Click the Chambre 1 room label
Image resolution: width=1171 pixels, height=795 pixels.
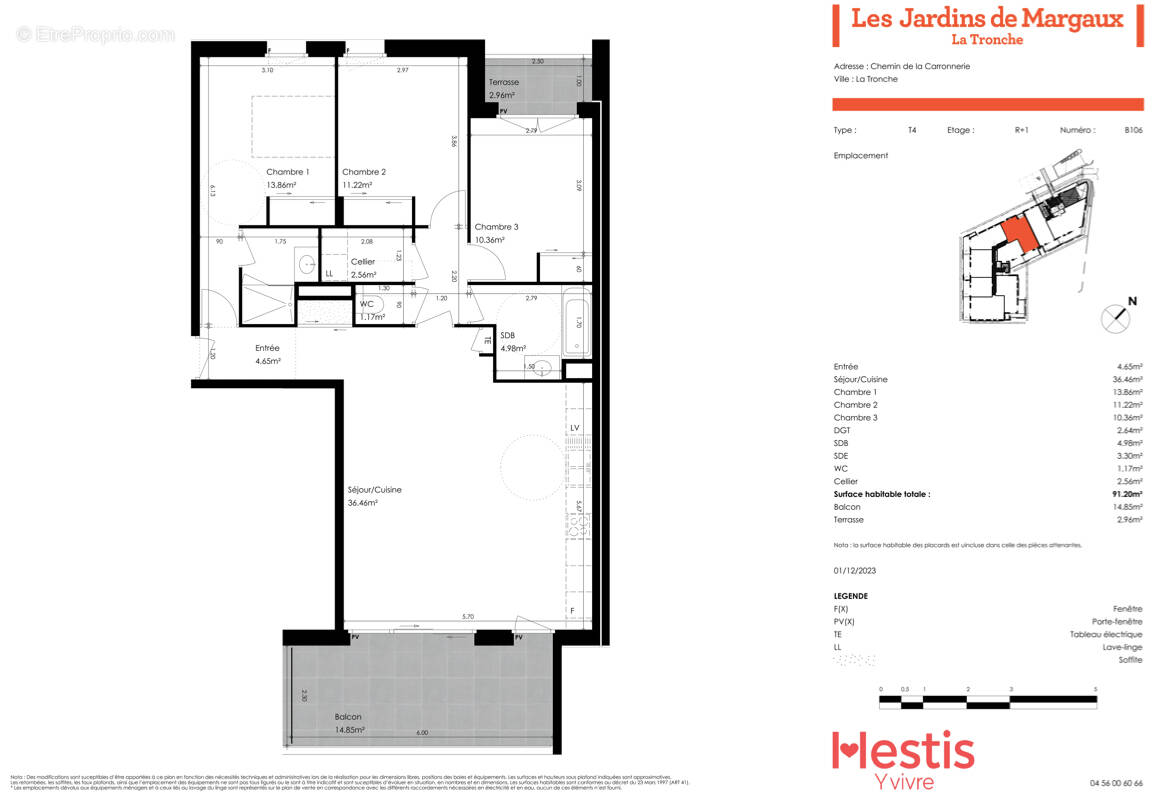pyautogui.click(x=287, y=172)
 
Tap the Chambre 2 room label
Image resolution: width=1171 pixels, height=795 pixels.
pyautogui.click(x=363, y=172)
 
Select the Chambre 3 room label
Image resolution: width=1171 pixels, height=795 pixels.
pyautogui.click(x=496, y=227)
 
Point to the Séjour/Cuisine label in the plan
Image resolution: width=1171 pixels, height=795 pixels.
pyautogui.click(x=374, y=490)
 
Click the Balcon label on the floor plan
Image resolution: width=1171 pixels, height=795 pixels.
pyautogui.click(x=348, y=717)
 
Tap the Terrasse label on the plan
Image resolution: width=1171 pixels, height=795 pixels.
pyautogui.click(x=503, y=82)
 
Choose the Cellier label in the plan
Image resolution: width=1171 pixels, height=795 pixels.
pyautogui.click(x=363, y=262)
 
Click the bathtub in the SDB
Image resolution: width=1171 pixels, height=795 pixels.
pyautogui.click(x=577, y=322)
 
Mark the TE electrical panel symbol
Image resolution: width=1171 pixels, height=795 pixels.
pyautogui.click(x=487, y=341)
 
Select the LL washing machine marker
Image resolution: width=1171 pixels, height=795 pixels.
pyautogui.click(x=329, y=273)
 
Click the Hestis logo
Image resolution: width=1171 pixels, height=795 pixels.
pyautogui.click(x=902, y=752)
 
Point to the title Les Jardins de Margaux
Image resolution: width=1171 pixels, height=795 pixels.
pyautogui.click(x=986, y=18)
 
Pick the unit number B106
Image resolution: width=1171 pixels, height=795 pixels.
pyautogui.click(x=1133, y=130)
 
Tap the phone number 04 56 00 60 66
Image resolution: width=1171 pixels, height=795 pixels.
pyautogui.click(x=1116, y=783)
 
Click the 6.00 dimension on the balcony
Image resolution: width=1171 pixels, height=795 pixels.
pyautogui.click(x=422, y=733)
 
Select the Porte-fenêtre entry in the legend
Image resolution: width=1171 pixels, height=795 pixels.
pyautogui.click(x=1116, y=621)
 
